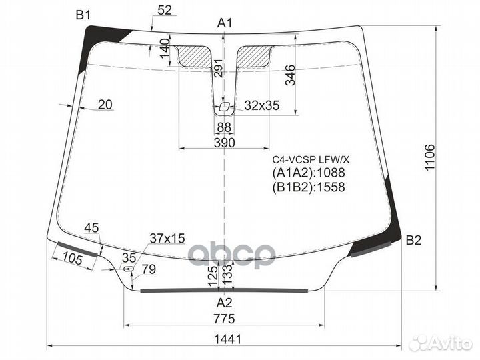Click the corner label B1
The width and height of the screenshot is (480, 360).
click(83, 15)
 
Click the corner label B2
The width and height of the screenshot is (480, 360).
click(413, 241)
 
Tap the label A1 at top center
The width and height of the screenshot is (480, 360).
click(225, 23)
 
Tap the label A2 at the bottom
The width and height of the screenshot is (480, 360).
click(225, 302)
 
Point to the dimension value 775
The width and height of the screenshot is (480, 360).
click(225, 319)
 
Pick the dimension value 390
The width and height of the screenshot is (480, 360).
click(225, 143)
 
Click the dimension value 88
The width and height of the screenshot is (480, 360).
click(225, 127)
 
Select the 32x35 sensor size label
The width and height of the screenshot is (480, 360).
click(261, 105)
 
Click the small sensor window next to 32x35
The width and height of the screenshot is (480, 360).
click(225, 106)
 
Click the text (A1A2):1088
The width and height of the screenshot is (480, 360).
click(308, 173)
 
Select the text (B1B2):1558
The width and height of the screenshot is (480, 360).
click(308, 187)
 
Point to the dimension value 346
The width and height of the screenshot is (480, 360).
click(289, 78)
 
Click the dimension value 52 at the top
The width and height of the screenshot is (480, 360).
click(165, 9)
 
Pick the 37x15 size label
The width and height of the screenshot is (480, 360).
click(167, 238)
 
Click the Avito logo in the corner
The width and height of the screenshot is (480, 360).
click(440, 343)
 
